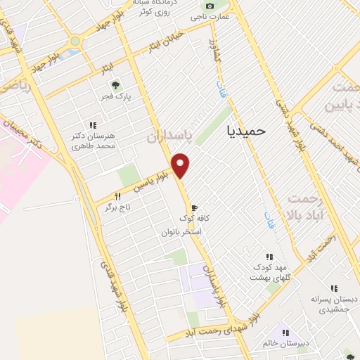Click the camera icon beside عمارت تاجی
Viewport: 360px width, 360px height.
click(208, 8)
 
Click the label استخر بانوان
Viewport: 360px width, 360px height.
click(181, 231)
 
